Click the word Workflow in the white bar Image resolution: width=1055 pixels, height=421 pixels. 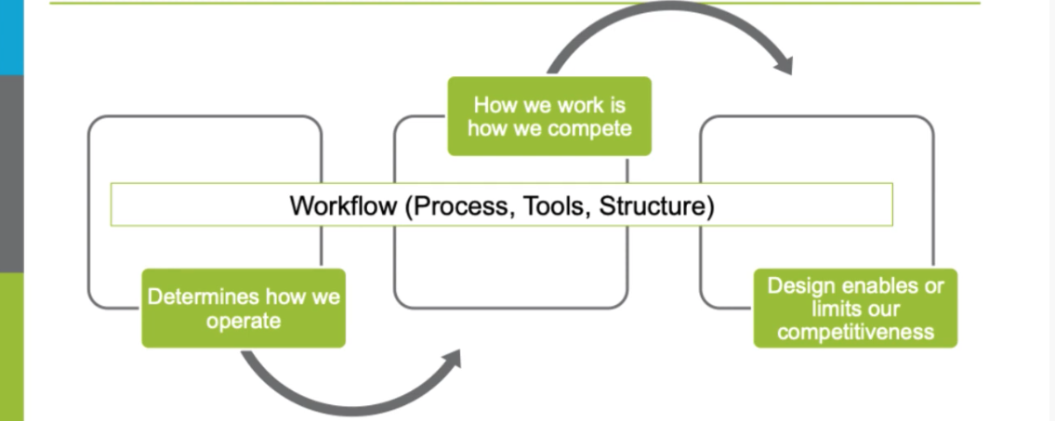click(x=344, y=205)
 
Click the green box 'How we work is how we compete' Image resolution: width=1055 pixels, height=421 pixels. click(x=549, y=115)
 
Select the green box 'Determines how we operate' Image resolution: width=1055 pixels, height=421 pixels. click(x=244, y=309)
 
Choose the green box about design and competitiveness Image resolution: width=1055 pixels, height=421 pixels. click(x=855, y=309)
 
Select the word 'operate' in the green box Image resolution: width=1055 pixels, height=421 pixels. click(x=244, y=321)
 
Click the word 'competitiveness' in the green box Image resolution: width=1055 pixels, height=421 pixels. click(x=855, y=332)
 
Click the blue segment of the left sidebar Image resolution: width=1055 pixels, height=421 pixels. click(x=11, y=37)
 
